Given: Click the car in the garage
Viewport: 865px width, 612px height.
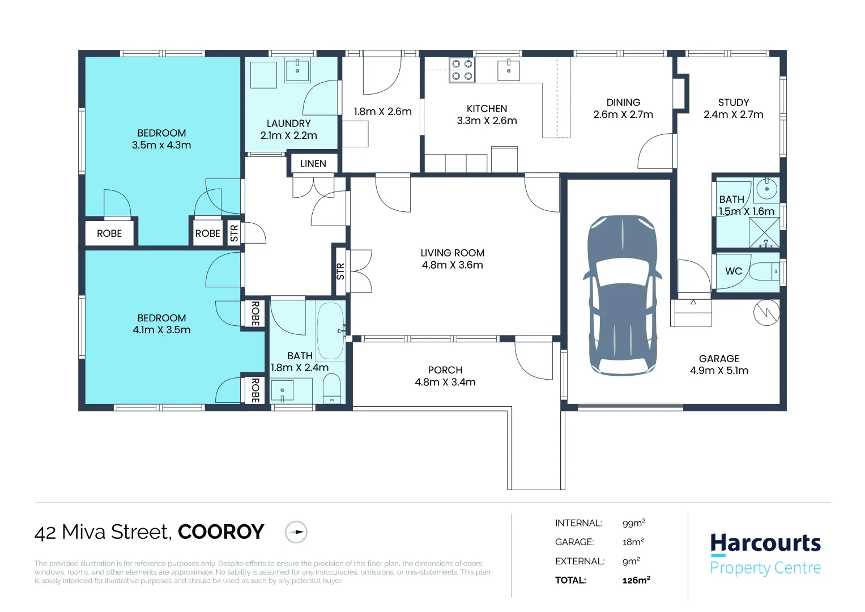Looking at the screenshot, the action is [622, 295].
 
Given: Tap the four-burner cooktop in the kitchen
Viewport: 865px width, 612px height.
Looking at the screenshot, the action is [462, 70].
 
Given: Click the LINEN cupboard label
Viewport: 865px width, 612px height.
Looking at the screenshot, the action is [313, 164].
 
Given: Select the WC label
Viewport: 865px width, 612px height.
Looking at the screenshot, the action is [734, 271].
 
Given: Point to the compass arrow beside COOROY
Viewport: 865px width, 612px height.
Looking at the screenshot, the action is [296, 532].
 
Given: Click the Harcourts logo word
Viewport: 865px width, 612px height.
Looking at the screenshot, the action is [765, 543].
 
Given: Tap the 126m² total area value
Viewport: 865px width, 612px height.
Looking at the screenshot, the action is [636, 580].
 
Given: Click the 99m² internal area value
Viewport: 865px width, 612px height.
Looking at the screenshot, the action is [634, 523].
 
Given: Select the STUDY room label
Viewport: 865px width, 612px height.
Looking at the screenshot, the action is [734, 103].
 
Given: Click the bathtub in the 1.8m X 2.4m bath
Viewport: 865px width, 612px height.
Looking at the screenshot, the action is [330, 331].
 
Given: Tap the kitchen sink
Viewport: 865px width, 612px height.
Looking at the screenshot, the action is [509, 70].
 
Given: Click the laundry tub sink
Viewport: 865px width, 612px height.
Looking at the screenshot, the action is [297, 70].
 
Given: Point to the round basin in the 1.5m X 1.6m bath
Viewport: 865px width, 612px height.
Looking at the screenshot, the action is [766, 189].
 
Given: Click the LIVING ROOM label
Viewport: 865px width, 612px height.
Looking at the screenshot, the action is [452, 253].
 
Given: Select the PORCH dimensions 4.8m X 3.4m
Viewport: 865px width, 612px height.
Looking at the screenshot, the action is [445, 382].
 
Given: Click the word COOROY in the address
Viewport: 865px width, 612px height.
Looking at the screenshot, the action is [221, 532].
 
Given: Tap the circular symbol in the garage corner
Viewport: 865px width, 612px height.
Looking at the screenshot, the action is [766, 313].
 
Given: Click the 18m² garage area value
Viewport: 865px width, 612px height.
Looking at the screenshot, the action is [633, 542].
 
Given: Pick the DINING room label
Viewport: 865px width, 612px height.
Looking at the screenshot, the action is [623, 103].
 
